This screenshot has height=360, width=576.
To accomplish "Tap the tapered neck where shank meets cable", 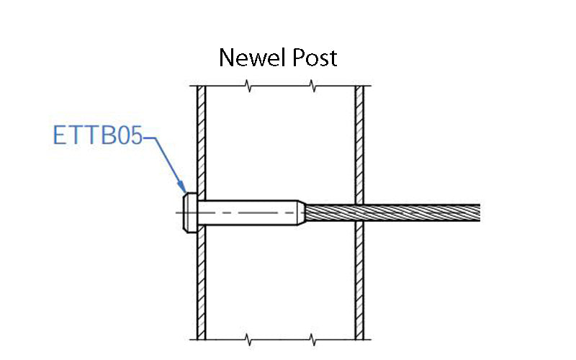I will click(301, 213).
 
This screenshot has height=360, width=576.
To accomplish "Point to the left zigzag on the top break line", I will click(248, 88).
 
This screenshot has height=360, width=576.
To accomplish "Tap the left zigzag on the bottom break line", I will click(248, 337).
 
